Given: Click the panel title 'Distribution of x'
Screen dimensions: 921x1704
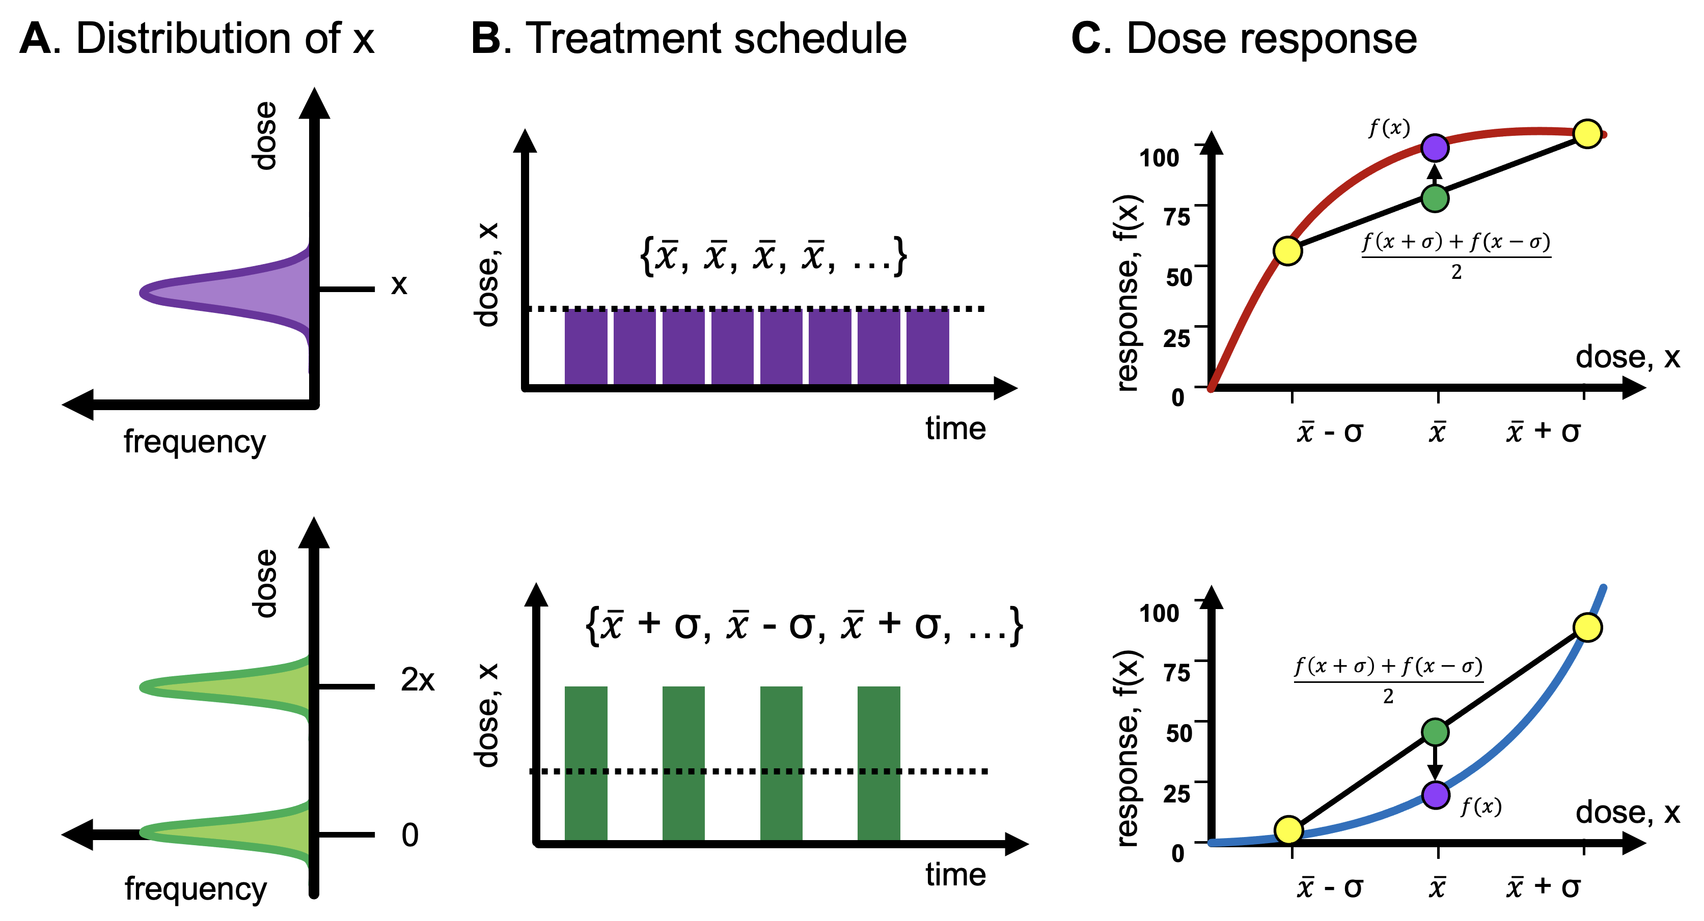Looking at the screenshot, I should pos(225,38).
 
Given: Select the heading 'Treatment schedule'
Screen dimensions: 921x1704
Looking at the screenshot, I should pos(716,38).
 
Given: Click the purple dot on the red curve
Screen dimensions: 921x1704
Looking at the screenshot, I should pos(1435,148).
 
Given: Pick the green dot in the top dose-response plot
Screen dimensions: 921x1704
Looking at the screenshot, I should pos(1435,198).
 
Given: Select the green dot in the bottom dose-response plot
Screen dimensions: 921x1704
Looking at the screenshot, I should pos(1435,732).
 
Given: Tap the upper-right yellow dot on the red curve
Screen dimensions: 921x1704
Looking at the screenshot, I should pos(1587,133).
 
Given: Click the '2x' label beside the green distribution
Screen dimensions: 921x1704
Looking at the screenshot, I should pos(418,680).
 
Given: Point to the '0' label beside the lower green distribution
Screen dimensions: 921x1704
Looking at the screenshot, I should pos(410,835).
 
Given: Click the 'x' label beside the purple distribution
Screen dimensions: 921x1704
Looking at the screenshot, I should pos(399,284).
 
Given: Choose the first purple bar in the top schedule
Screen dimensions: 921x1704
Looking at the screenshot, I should pos(586,347).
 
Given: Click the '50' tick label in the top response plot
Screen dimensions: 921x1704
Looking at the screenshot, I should pos(1178,276).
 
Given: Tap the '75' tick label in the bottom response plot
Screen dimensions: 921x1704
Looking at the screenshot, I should pos(1177,672).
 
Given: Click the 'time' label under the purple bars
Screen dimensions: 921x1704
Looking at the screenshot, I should pos(955,428).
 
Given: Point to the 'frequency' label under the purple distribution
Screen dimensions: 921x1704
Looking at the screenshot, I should pos(195,441).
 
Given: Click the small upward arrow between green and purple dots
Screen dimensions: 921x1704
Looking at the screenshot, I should pos(1434,172).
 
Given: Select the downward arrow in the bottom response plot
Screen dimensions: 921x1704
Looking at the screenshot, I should pos(1434,764).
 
